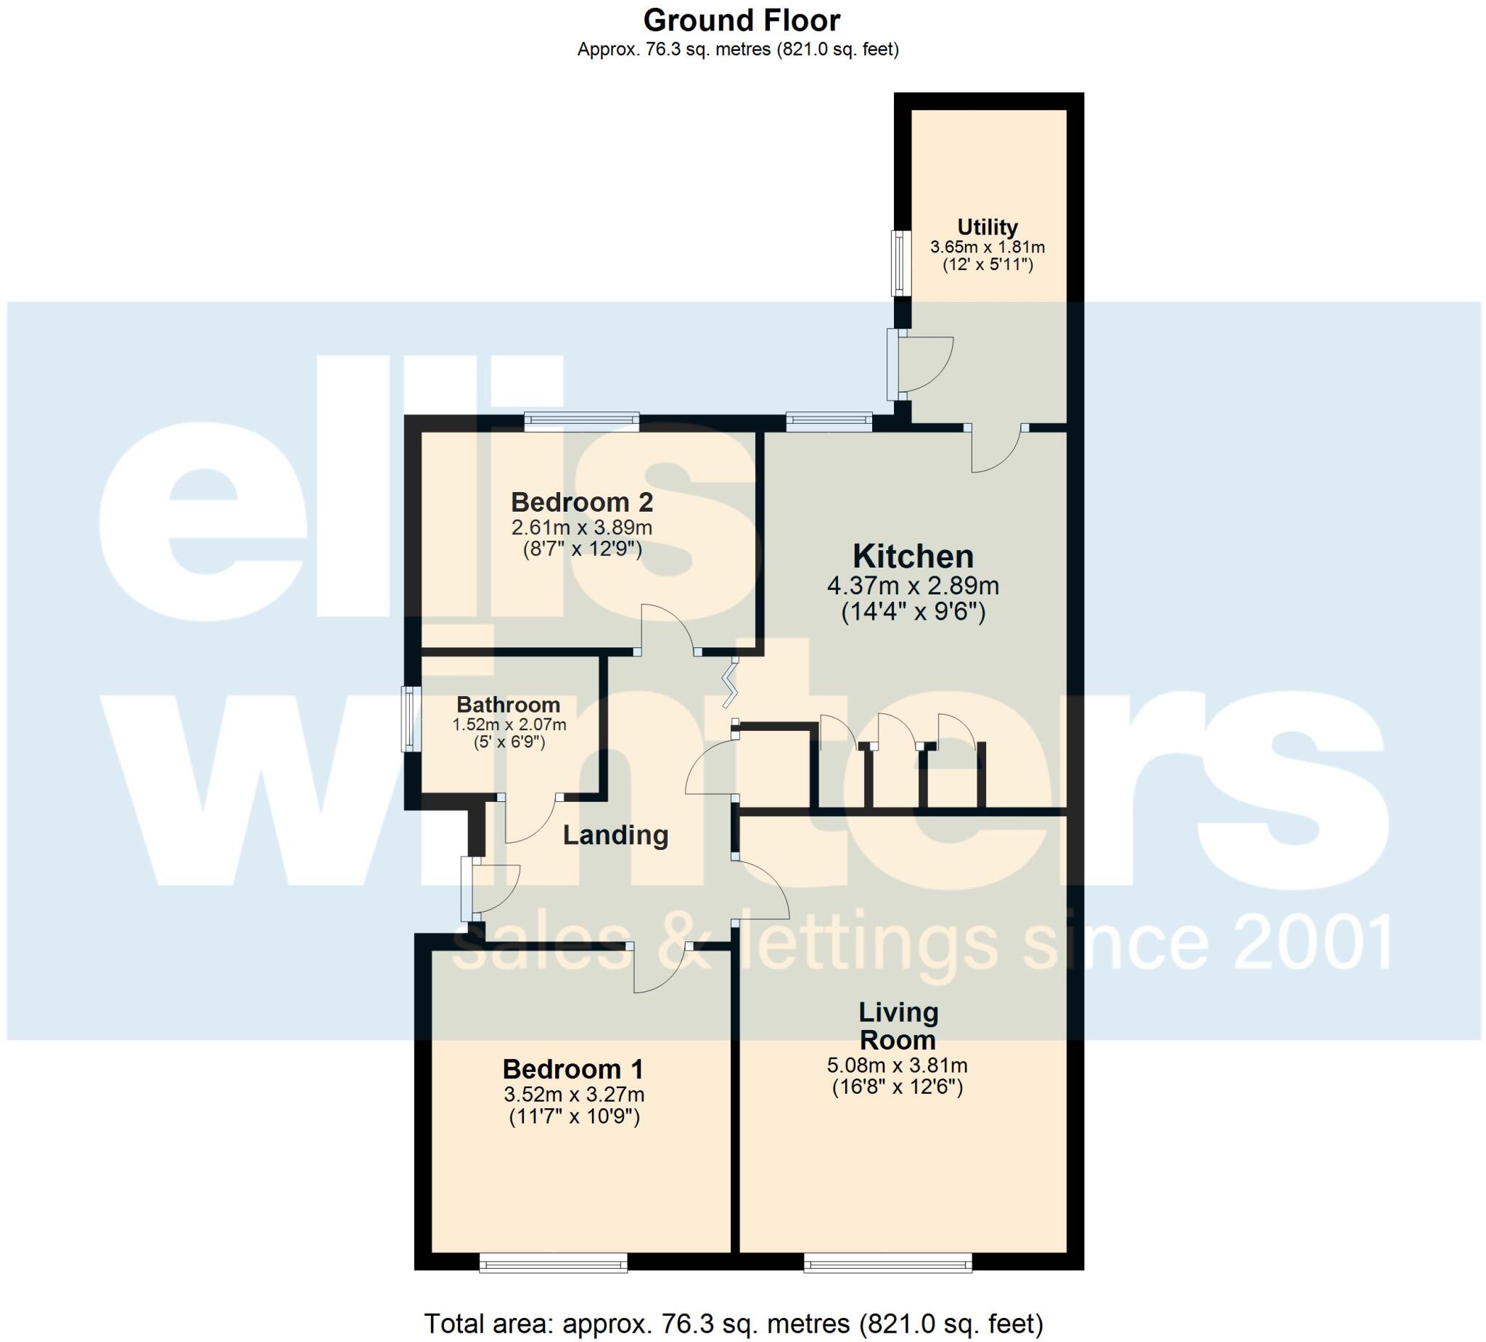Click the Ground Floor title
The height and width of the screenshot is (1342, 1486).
pos(741,20)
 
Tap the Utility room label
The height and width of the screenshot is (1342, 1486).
pos(987,226)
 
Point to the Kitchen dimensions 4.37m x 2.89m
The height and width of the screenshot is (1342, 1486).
pos(913,586)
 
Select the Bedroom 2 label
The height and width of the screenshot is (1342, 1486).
pos(582,503)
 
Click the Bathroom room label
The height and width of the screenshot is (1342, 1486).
pos(508,705)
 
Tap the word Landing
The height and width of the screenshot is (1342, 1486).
pos(615,835)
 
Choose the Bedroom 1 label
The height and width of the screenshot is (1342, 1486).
pos(572,1069)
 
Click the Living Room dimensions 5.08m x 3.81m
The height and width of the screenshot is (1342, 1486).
pos(897,1065)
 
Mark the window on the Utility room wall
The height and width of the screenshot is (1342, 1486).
pos(900,263)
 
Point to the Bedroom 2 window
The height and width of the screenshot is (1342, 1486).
pos(582,422)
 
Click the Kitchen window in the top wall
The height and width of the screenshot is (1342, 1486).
pos(829,422)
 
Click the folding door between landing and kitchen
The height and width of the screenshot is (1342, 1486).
pos(730,682)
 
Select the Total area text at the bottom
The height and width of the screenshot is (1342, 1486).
pos(734,1324)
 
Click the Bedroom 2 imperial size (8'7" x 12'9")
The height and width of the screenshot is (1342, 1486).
pos(582,549)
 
